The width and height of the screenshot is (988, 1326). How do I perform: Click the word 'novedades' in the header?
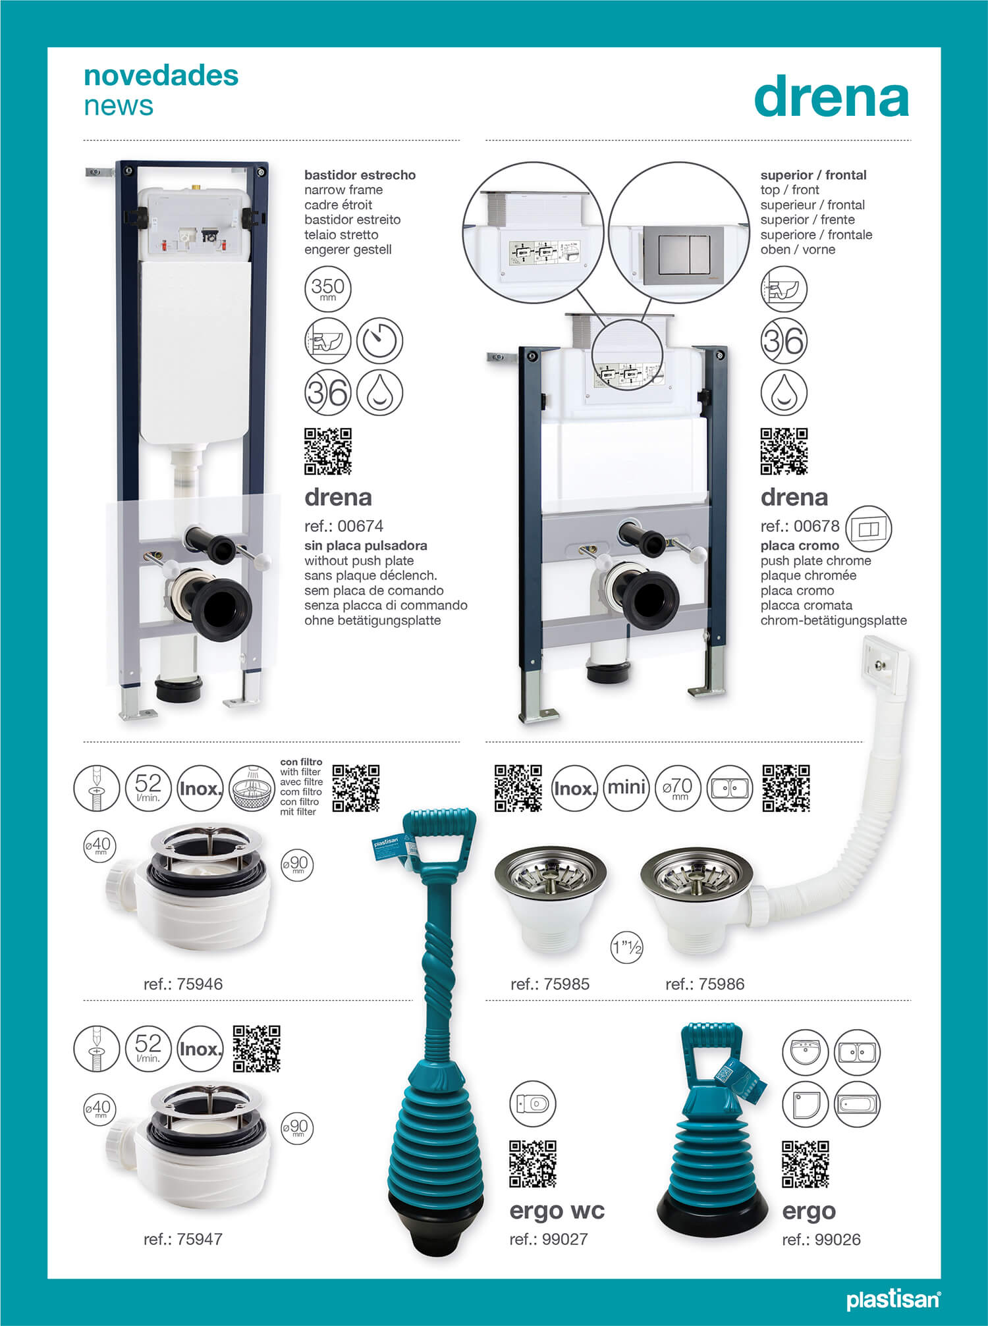pos(161,76)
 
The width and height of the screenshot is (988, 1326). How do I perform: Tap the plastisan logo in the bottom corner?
pos(892,1300)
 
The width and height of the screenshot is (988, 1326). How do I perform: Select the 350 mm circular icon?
pos(327,288)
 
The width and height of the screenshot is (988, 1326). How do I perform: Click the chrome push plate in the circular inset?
pos(682,255)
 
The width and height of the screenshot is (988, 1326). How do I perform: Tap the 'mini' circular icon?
pos(626,788)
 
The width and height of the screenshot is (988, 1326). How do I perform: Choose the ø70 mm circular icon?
pos(678,788)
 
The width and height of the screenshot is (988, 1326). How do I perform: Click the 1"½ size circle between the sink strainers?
pos(626,948)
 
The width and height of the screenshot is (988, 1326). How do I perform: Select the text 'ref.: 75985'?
pos(550,984)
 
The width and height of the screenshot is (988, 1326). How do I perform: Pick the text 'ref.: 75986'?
pos(705,984)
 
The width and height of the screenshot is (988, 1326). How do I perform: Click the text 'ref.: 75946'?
pos(183,984)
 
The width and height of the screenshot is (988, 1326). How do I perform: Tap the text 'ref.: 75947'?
pos(183,1239)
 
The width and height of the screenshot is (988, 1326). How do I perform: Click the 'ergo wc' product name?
pos(557,1210)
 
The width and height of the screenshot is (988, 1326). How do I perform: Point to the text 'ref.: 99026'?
pos(821,1240)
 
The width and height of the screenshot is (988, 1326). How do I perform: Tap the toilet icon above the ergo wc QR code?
pos(533,1103)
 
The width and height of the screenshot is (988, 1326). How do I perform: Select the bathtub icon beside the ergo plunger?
pos(858,1104)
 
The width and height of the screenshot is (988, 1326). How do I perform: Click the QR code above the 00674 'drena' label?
pos(327,452)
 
